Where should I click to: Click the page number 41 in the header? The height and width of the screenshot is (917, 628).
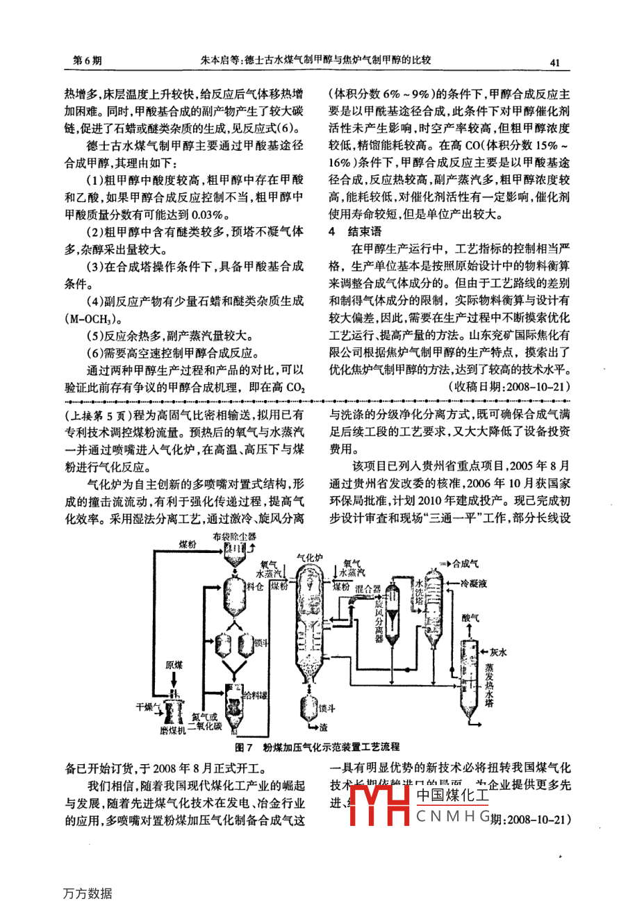coord(554,62)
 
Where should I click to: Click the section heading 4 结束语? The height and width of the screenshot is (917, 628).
coord(355,231)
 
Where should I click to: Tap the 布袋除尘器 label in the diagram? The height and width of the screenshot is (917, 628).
coord(234,536)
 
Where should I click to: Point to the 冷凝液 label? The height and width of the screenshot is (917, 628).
coord(474,584)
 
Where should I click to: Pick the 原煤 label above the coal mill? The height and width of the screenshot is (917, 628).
coord(174,665)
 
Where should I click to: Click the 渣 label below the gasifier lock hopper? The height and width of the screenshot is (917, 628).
coord(323,727)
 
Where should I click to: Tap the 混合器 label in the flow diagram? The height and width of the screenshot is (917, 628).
coord(367,588)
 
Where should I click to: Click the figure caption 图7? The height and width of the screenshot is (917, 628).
coord(242,747)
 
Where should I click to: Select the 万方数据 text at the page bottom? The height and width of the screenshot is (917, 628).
coord(88,893)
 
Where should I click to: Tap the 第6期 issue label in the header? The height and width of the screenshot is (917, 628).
coord(88,61)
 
